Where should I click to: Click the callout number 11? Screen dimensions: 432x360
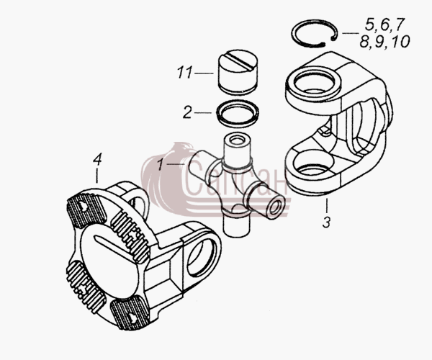coord(184,73)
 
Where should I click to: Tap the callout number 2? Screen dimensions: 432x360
coord(188,112)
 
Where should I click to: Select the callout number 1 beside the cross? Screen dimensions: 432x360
coord(161,164)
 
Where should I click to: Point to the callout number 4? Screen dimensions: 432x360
coord(97,159)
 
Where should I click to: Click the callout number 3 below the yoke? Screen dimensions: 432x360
coord(326,222)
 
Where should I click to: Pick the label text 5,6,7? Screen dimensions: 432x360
coord(385,24)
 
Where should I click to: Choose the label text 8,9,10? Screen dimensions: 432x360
coord(385,42)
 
